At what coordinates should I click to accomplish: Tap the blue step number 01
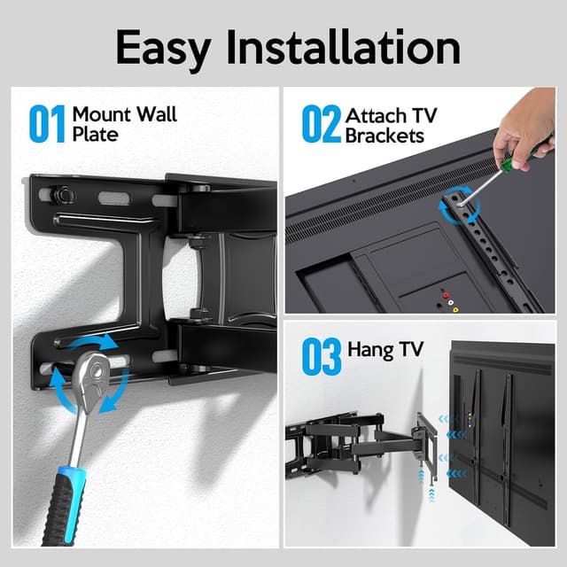47,125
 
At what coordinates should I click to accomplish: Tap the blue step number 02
321,125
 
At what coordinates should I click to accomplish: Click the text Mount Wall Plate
124,125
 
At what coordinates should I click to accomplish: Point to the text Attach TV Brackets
391,126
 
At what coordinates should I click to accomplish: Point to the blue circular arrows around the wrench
89,372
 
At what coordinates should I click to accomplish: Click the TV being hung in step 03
501,434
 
